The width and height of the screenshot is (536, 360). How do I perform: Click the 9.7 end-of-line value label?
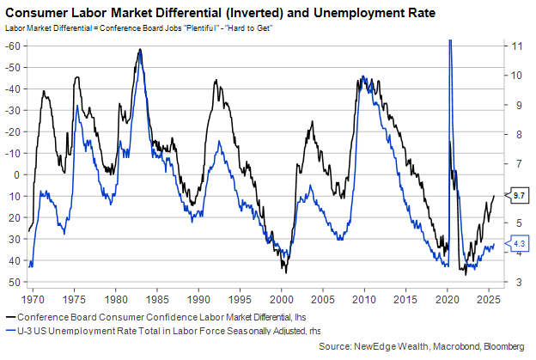[519, 196]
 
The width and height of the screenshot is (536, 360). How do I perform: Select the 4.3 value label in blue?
[519, 245]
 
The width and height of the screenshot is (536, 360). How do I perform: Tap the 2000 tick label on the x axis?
[282, 303]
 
